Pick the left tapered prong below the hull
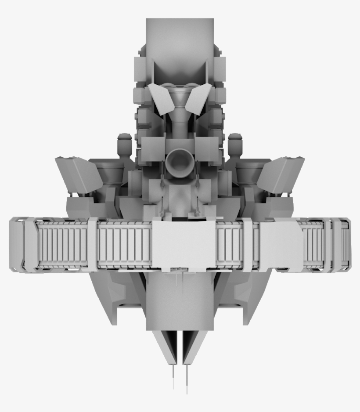coord(166,347)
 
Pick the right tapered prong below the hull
coord(193,347)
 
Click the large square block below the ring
coord(180,303)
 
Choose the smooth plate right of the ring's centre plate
coord(281,244)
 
